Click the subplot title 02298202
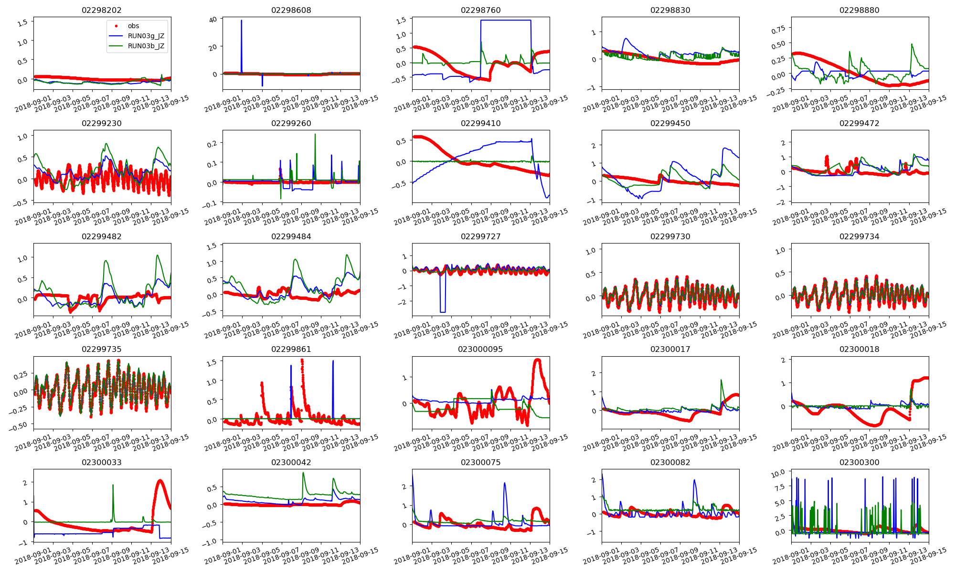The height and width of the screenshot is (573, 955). click(x=102, y=10)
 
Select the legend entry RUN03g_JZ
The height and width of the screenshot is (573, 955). click(x=146, y=36)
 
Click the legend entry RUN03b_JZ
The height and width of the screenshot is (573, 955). click(x=146, y=46)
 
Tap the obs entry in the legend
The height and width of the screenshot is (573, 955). click(x=133, y=26)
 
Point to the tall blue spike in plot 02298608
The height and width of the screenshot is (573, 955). click(x=242, y=21)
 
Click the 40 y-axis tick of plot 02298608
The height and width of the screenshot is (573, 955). click(x=213, y=19)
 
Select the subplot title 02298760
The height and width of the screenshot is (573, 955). click(x=480, y=10)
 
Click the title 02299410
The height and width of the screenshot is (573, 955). click(x=480, y=123)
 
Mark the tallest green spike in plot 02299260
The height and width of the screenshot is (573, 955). click(x=315, y=134)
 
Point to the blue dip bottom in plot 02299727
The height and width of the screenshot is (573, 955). click(x=443, y=312)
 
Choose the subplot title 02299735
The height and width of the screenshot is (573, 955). click(x=102, y=349)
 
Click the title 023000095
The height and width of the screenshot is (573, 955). click(x=480, y=349)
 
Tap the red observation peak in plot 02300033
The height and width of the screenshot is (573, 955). click(x=160, y=480)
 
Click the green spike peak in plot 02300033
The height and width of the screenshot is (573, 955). click(x=113, y=485)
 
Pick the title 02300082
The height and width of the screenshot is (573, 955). click(x=670, y=462)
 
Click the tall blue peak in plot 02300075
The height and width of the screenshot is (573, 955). click(x=505, y=483)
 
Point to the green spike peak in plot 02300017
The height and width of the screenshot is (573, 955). click(x=721, y=380)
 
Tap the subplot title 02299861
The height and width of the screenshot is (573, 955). click(x=291, y=349)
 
